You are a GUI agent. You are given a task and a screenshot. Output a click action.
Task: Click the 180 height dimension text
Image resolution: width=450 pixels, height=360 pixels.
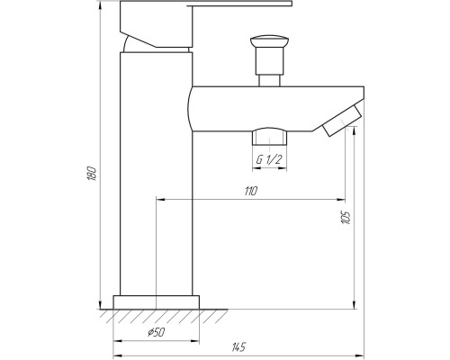point(90,172)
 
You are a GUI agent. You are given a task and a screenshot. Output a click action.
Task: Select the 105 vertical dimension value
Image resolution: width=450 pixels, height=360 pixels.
point(346,218)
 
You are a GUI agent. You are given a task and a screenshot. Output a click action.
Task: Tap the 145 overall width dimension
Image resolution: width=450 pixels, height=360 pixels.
point(238,346)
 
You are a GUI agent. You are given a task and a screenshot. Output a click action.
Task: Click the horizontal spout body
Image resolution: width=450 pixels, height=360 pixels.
point(270,106)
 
